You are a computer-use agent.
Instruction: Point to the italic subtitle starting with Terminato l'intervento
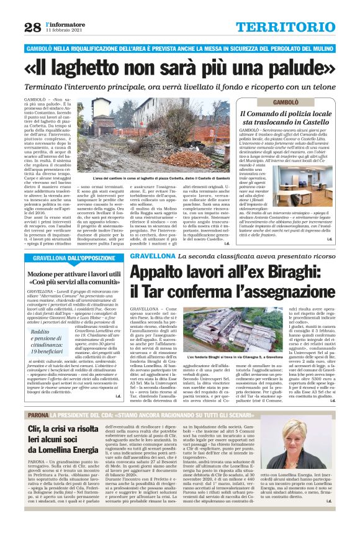coord(180,87)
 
